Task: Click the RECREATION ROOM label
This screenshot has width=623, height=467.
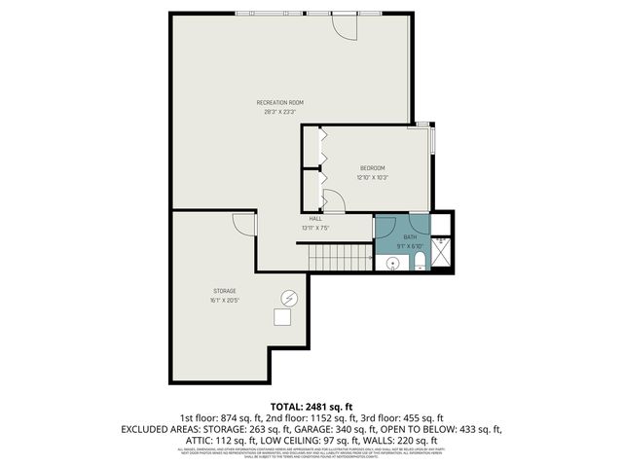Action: pos(280,102)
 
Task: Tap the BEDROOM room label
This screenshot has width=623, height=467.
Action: pos(372,168)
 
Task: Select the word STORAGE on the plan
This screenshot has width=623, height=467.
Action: pos(225,291)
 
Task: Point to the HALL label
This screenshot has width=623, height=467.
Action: pos(315,219)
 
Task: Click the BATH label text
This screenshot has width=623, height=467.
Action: pos(410,236)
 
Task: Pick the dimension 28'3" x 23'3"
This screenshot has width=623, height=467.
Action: pos(280,112)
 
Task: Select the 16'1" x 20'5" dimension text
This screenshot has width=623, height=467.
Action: pos(225,301)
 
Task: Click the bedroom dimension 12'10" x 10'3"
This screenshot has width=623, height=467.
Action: pos(372,178)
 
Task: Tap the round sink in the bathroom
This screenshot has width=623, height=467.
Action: pos(394,264)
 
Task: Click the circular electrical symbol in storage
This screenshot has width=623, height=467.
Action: pos(288,297)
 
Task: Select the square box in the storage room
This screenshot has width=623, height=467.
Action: pos(283,316)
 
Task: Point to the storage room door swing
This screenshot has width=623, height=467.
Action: pos(243,225)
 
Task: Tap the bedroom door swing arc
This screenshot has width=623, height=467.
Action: pos(332,202)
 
